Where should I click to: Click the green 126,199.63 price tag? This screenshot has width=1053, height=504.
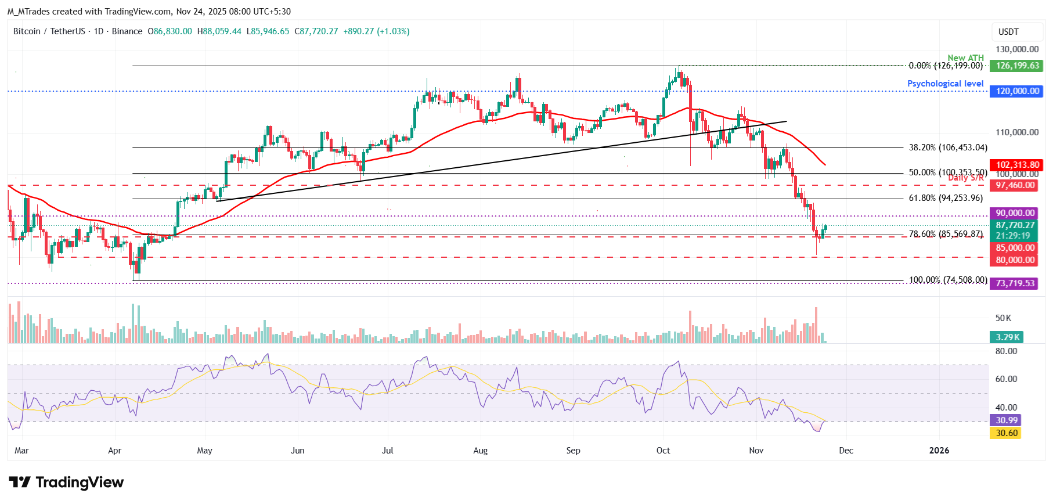(1017, 66)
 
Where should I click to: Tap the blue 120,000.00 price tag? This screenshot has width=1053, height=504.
(1017, 91)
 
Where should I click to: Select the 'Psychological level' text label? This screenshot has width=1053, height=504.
(945, 84)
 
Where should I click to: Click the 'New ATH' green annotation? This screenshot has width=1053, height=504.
(965, 57)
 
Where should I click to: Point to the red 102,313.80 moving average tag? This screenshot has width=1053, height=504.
(1017, 165)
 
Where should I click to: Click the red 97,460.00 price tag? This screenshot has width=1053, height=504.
(1015, 185)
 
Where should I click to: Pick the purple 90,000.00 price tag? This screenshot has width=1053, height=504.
(1015, 213)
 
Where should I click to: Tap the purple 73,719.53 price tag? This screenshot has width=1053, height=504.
(1015, 283)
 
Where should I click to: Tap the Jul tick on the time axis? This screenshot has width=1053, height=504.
(387, 451)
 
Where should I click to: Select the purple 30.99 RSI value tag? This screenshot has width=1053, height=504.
(1006, 420)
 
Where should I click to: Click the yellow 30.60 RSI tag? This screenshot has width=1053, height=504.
(1006, 433)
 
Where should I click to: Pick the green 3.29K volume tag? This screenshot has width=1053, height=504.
(1007, 337)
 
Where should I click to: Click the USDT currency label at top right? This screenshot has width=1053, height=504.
(1008, 32)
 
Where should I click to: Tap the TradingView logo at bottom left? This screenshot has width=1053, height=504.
(66, 483)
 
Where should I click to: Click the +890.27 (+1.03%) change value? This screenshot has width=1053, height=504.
(376, 31)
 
